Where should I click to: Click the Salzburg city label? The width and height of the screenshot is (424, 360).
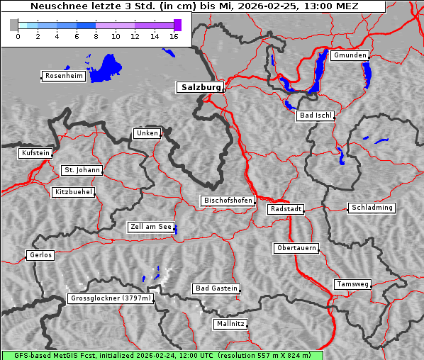pyautogui.click(x=200, y=87)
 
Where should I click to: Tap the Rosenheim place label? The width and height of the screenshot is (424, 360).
pyautogui.click(x=63, y=76)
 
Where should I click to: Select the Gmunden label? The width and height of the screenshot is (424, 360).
pyautogui.click(x=350, y=55)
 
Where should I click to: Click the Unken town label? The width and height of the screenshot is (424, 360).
pyautogui.click(x=147, y=133)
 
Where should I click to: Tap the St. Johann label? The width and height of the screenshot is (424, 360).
pyautogui.click(x=82, y=170)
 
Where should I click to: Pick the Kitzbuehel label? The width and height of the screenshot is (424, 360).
pyautogui.click(x=73, y=192)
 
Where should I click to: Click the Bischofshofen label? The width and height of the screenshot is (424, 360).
pyautogui.click(x=228, y=201)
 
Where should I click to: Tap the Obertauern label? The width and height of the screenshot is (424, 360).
pyautogui.click(x=296, y=248)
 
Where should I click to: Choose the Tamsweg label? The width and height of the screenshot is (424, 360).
pyautogui.click(x=352, y=284)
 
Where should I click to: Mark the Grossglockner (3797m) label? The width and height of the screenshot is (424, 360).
pyautogui.click(x=111, y=299)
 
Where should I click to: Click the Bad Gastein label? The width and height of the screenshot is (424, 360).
pyautogui.click(x=216, y=288)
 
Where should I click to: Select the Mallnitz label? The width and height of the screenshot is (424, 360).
pyautogui.click(x=230, y=324)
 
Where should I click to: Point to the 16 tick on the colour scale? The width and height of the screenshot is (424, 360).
pyautogui.click(x=174, y=36)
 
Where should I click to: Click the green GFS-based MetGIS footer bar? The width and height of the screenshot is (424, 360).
pyautogui.click(x=162, y=355)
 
